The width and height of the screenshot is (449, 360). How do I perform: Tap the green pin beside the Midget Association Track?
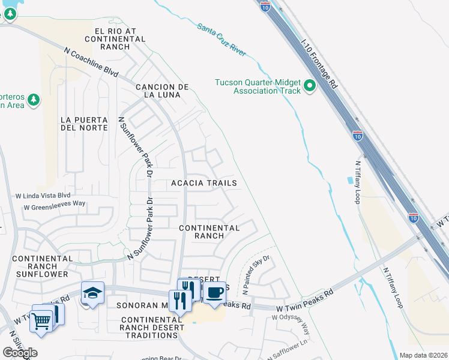(x=310, y=86)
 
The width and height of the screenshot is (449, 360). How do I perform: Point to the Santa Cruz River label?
(x=221, y=40)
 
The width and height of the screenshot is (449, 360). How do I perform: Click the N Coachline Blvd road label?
(x=91, y=62)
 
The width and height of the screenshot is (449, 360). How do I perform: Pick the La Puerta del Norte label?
(x=84, y=124)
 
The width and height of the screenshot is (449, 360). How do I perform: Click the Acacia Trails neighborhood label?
(x=204, y=182)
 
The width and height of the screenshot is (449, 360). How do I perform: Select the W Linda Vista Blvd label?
(x=43, y=196)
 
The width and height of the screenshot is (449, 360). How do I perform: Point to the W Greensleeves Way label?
(x=55, y=207)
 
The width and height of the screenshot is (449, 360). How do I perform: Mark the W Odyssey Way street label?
(x=294, y=323)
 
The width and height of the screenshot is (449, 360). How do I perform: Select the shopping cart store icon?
(x=41, y=321)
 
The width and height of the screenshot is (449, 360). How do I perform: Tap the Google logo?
(x=20, y=353)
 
